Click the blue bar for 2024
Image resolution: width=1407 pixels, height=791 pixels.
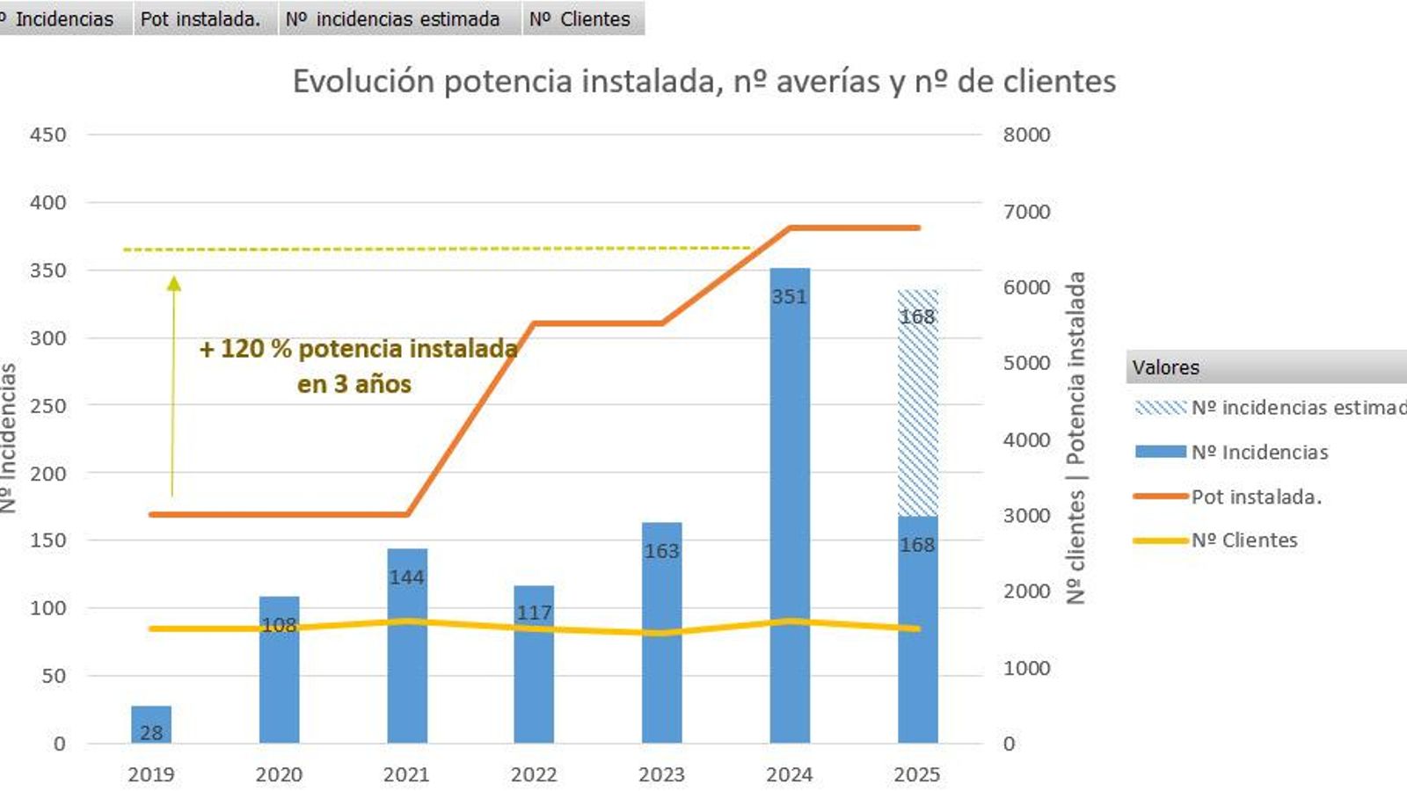[789, 510]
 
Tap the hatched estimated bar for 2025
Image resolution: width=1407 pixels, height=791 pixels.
[917, 404]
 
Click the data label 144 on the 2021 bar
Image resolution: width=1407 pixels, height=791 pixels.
[406, 577]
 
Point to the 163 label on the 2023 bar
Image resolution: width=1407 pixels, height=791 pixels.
[661, 551]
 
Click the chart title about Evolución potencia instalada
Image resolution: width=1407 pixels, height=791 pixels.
[703, 81]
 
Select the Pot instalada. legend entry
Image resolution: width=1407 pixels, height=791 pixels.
[1256, 497]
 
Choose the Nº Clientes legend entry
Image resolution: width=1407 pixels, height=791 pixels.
[1243, 541]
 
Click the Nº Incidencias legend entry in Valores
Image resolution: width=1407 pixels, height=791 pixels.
[1259, 452]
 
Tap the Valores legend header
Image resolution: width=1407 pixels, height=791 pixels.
[1166, 367]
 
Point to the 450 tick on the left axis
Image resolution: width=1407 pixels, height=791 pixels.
[47, 134]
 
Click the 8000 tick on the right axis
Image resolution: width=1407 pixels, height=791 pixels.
[1026, 134]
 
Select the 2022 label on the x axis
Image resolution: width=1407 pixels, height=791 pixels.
[534, 774]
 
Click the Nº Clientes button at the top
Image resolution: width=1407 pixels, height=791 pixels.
[582, 18]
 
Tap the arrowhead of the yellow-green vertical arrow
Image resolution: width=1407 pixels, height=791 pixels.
[174, 283]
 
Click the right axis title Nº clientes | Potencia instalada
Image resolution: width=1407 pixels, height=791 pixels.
[1075, 438]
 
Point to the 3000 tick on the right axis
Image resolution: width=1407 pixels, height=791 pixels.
[1026, 515]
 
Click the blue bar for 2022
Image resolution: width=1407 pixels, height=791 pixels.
[534, 677]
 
